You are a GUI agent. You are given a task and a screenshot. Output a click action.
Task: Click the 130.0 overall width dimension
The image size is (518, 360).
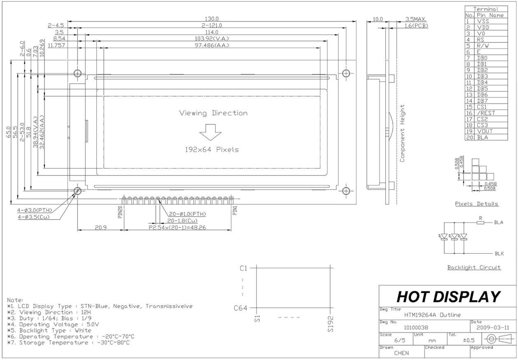pos(211,19)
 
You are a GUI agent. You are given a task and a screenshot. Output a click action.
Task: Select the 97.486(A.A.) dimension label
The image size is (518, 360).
pos(212,45)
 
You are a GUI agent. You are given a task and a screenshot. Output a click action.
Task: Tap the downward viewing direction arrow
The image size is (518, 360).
pos(211,132)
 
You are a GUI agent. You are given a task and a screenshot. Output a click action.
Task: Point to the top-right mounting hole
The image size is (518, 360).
pos(346,73)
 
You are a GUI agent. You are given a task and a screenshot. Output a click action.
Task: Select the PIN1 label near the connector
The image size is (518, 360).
pos(235,210)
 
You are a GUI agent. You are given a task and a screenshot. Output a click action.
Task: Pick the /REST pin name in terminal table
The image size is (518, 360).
pos(486,113)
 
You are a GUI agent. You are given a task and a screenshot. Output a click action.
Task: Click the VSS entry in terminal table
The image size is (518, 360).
pos(483,21)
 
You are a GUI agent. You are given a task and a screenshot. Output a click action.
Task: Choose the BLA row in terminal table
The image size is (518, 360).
pos(486,137)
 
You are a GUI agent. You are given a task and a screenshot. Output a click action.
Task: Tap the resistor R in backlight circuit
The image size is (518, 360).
pos(480,222)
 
